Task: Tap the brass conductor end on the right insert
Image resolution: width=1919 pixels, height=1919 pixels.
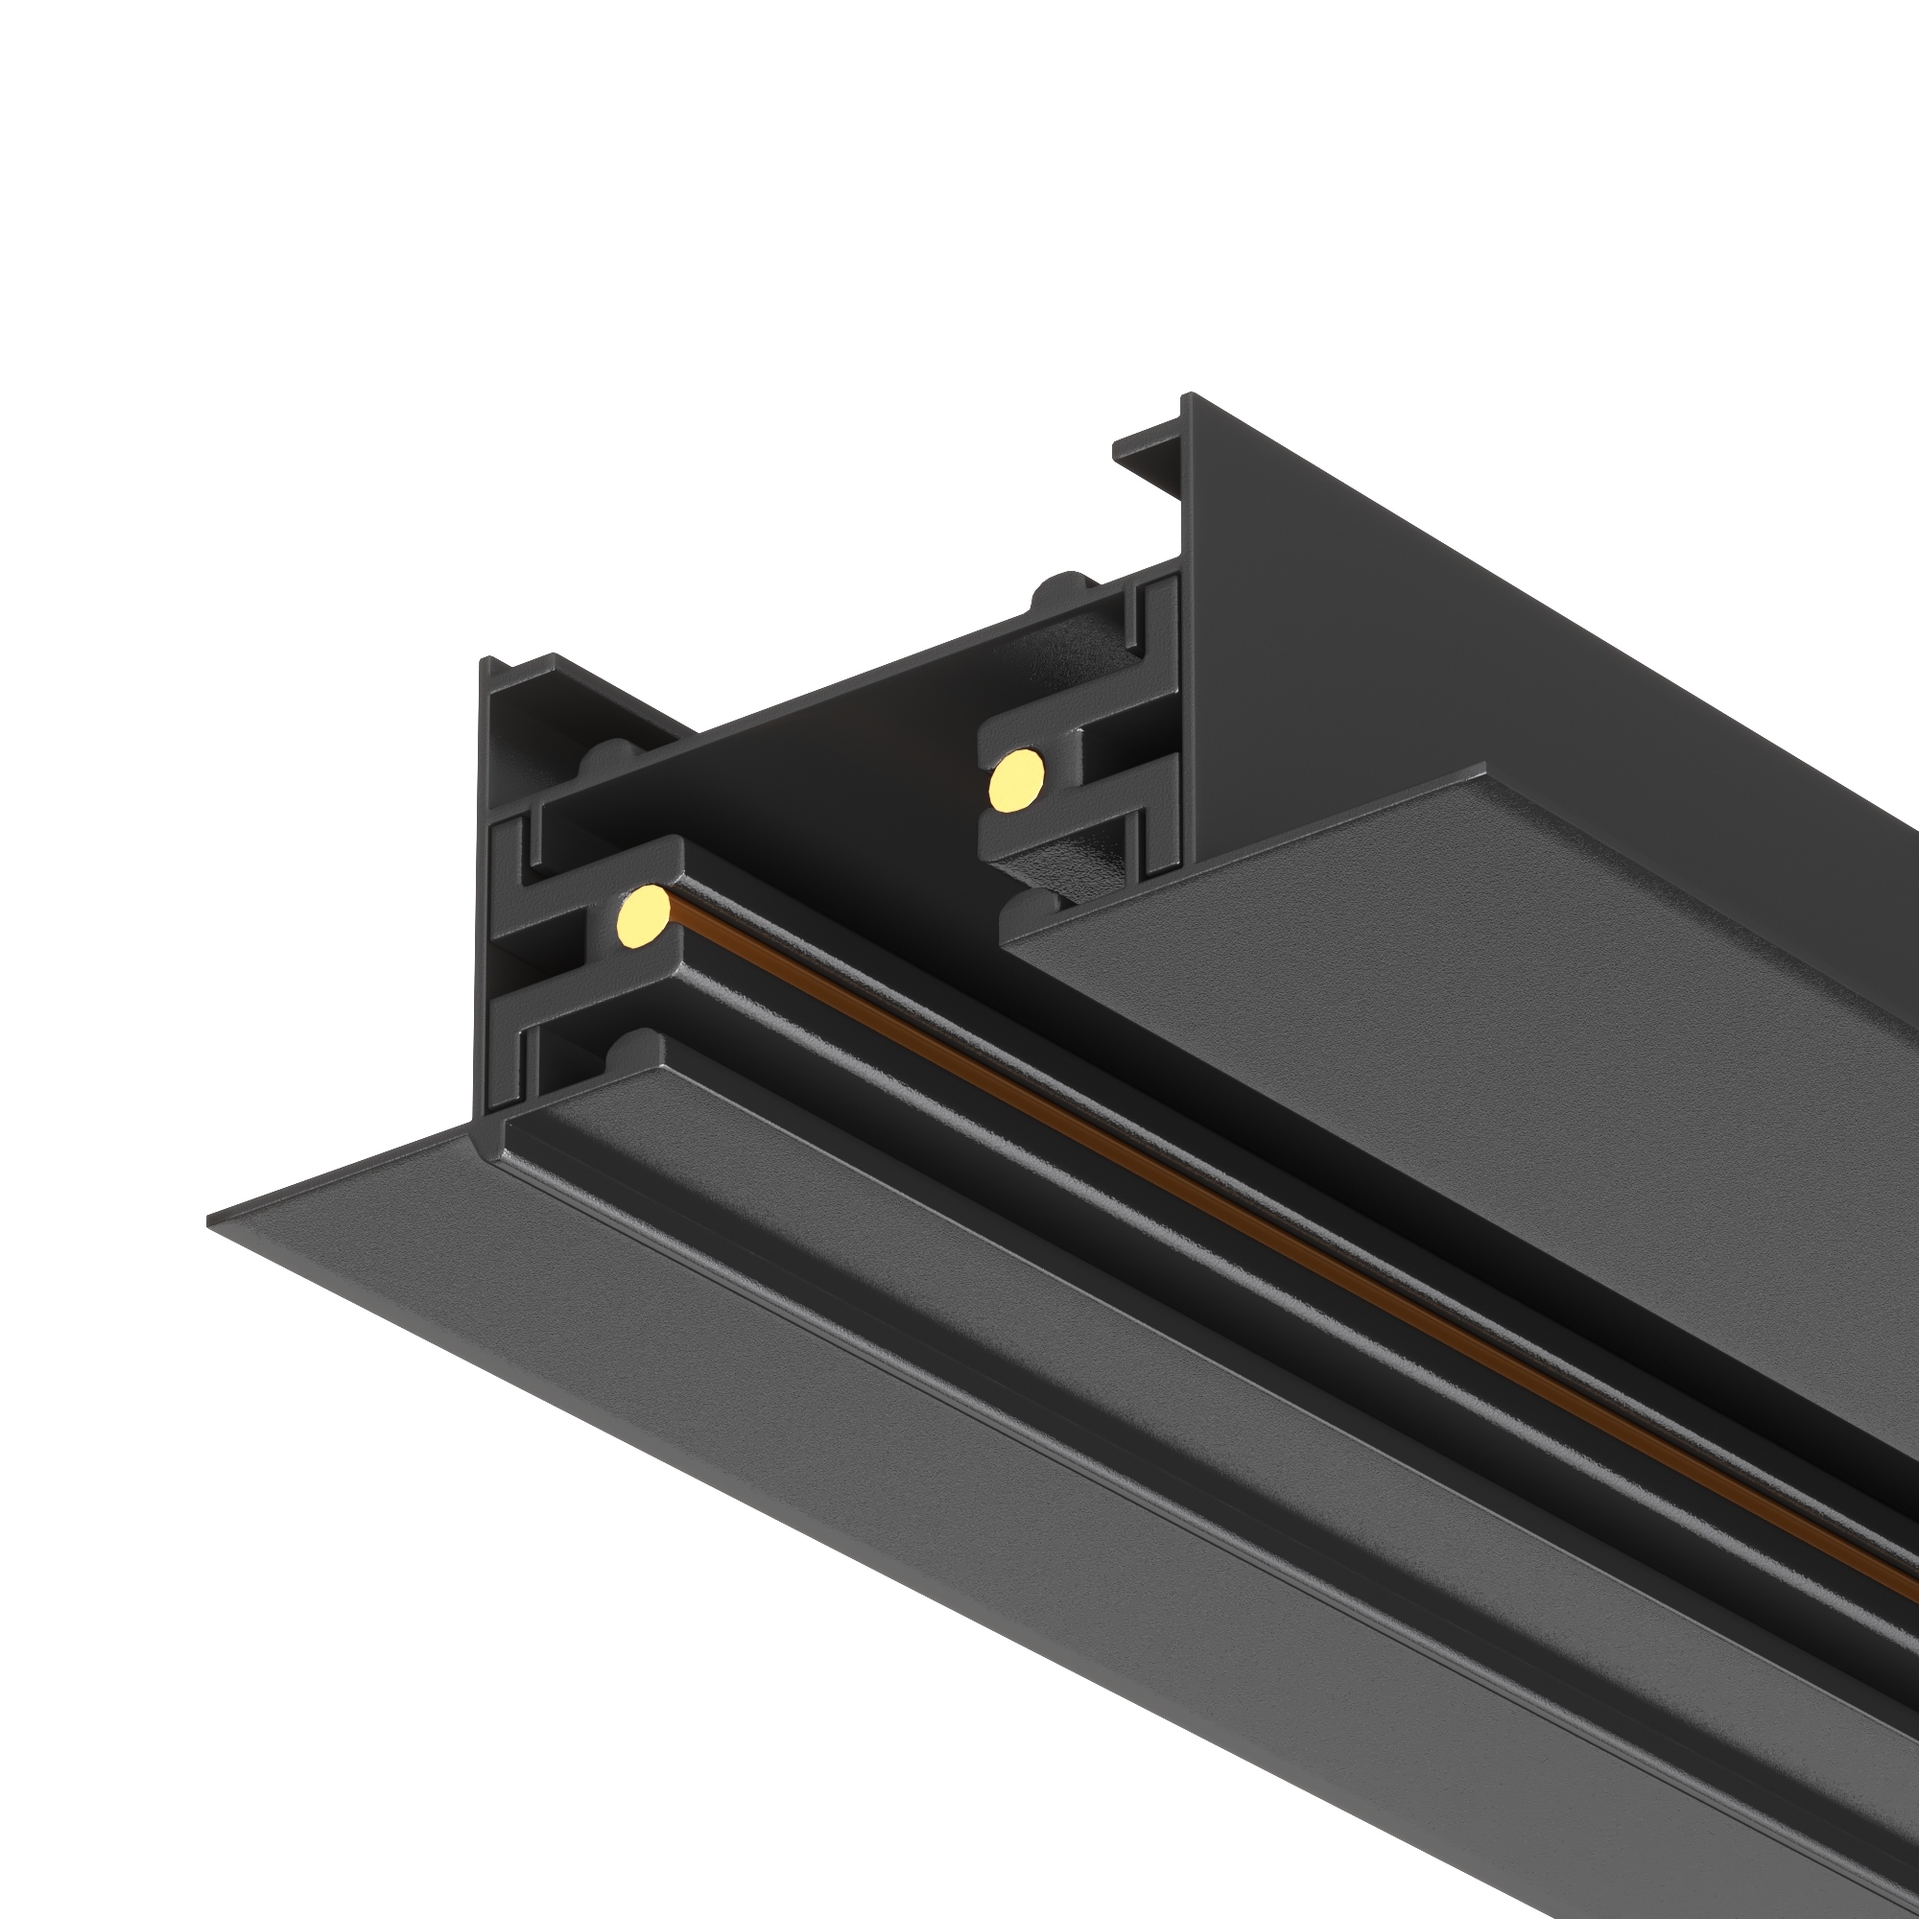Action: pos(1016,782)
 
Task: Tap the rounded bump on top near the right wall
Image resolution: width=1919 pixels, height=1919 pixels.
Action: pos(1060,587)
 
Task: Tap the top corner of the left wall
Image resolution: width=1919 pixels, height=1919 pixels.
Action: pos(485,660)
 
